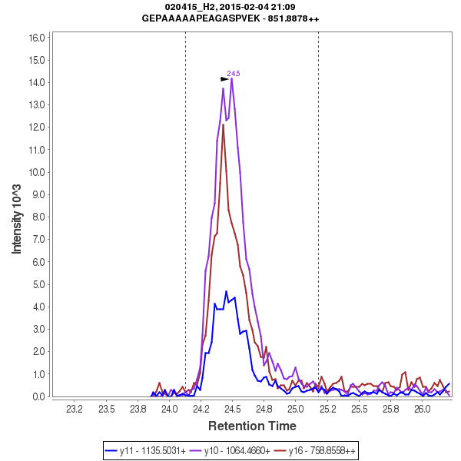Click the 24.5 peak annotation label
click(x=234, y=74)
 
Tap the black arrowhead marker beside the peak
click(x=224, y=78)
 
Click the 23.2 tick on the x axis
click(x=75, y=409)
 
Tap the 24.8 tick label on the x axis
click(x=264, y=409)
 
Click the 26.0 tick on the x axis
click(x=422, y=409)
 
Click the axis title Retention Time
click(x=254, y=425)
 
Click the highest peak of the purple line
click(x=231, y=78)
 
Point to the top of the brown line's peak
click(x=223, y=124)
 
